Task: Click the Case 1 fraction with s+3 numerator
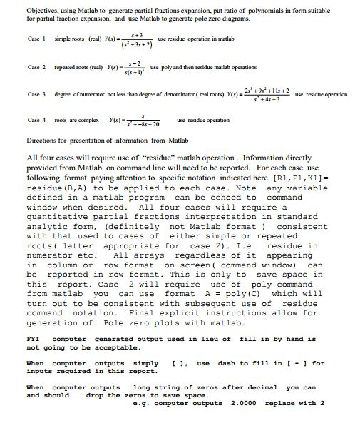(108, 39)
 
